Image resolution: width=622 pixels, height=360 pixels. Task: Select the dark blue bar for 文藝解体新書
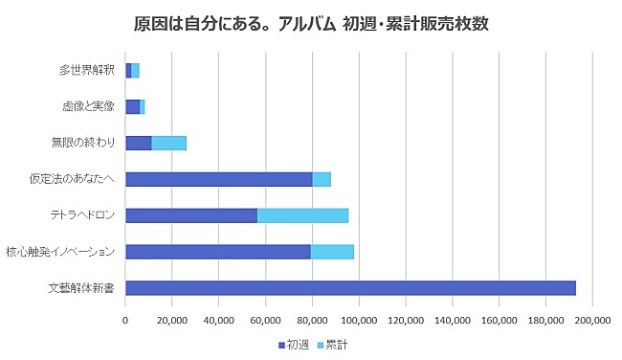coord(350,288)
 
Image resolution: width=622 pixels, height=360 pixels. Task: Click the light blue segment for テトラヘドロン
coord(302,215)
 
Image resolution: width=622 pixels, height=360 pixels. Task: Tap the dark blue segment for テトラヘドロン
coord(191,215)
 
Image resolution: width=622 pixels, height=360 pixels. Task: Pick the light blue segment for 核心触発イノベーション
coord(332,252)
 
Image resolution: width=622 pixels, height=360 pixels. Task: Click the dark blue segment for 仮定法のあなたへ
coord(219,179)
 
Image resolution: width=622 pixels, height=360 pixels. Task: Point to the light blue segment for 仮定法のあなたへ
coord(322,179)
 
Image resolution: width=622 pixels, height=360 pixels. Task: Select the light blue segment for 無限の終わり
coord(168,143)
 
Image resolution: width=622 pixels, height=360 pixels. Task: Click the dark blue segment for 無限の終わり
coord(139,143)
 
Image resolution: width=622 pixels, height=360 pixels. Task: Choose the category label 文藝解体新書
coord(81,288)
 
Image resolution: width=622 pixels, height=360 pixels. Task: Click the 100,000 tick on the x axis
coord(360,319)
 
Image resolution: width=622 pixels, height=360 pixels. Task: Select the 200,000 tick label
coord(593,319)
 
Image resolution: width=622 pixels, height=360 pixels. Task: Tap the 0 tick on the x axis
coord(126,319)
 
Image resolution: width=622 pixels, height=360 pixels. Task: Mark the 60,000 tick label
coord(266,319)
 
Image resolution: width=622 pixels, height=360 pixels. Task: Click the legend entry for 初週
coord(294,344)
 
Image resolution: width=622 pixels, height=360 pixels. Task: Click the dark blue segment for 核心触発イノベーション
coord(218,252)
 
